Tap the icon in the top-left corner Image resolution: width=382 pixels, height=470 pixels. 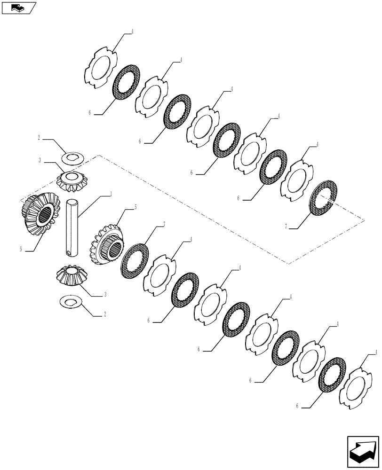tap(18, 8)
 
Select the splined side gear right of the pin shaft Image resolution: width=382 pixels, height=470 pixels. tap(107, 243)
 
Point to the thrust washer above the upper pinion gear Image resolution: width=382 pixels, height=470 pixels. tap(72, 156)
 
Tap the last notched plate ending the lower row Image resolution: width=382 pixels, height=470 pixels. tap(355, 388)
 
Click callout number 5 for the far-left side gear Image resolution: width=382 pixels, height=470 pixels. tap(21, 250)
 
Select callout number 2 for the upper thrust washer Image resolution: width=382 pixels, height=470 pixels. tap(40, 138)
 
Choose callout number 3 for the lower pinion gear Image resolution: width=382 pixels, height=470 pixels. tap(105, 295)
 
